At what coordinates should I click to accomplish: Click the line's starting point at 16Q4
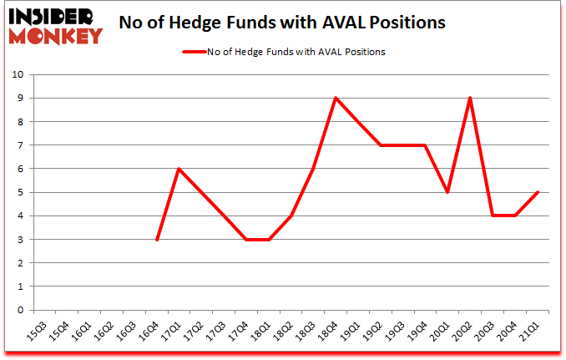pyautogui.click(x=156, y=240)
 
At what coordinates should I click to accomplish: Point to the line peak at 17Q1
pyautogui.click(x=179, y=169)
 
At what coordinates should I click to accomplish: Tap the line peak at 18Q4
pyautogui.click(x=336, y=98)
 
